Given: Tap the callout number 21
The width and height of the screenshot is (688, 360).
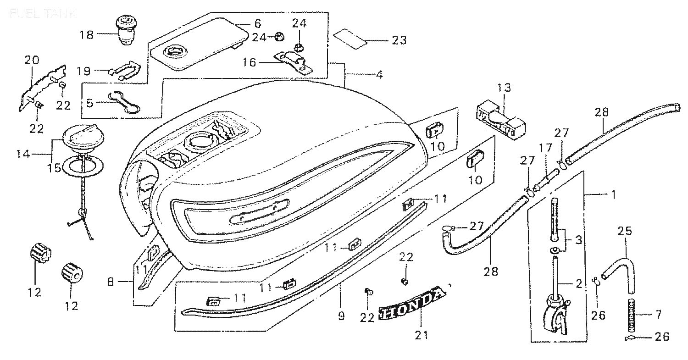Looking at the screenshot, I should coord(422,335).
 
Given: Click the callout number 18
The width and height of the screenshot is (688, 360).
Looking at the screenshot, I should coord(86,35).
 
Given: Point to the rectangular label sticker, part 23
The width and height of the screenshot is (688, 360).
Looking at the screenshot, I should coord(351,39).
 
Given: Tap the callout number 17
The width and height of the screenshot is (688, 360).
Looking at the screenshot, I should coord(545,148).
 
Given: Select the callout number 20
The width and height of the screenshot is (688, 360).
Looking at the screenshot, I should coord(32,60).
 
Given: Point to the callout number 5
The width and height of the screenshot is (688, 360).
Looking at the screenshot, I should coord(90,103).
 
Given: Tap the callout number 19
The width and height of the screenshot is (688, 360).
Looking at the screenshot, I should coord(84,71).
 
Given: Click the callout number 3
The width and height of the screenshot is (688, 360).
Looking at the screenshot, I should coord(578,240).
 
